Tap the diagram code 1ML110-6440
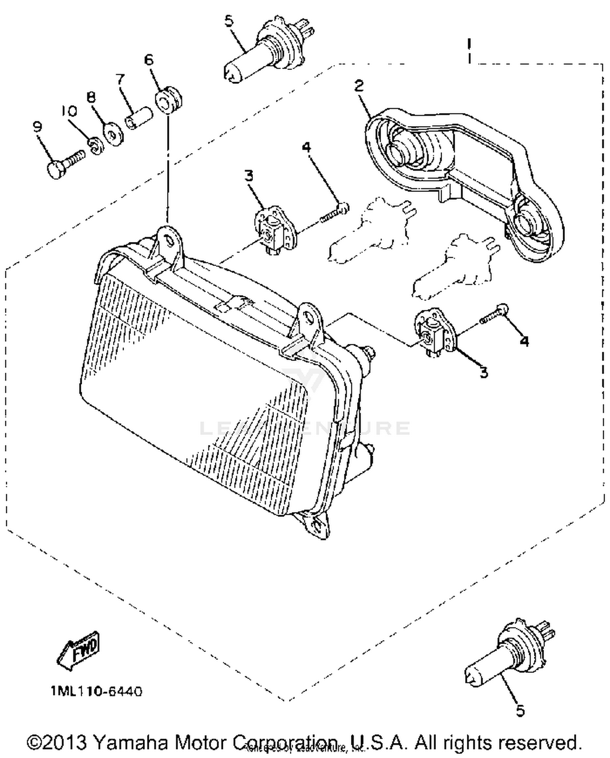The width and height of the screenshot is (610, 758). (97, 691)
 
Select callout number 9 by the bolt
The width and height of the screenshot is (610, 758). (37, 127)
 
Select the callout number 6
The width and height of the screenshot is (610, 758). (149, 60)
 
